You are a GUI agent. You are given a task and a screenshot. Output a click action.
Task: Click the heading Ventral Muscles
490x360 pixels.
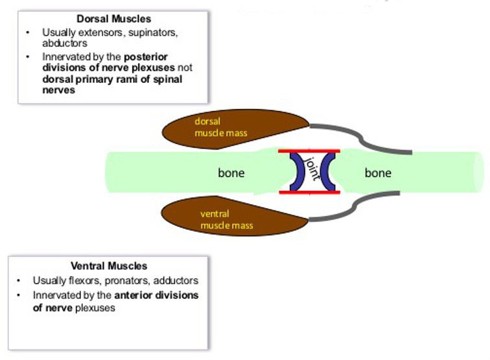[109, 266]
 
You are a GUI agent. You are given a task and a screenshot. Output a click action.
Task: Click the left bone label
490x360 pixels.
[231, 173]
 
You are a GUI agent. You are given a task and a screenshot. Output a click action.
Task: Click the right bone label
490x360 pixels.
[378, 173]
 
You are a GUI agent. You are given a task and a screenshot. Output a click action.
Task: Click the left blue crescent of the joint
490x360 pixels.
[297, 172]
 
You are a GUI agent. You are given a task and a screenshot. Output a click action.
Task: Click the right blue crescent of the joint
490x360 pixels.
[327, 172]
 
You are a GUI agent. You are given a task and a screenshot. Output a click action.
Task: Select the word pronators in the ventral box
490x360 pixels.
[131, 281]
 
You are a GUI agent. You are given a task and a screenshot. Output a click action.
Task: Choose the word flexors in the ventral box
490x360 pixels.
[89, 281]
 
